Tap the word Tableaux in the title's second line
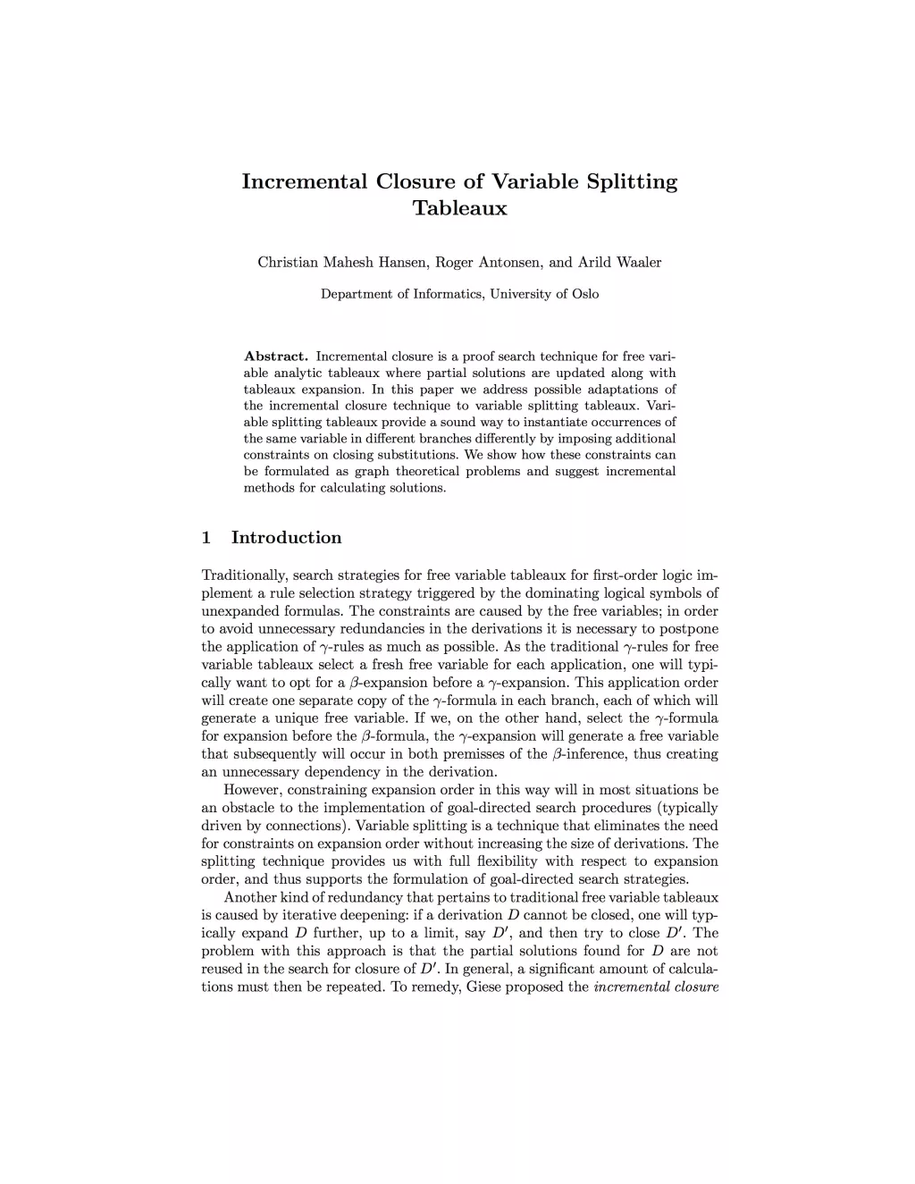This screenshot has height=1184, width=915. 459,209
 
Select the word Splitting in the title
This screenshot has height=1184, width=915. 631,181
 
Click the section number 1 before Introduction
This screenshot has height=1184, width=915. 206,538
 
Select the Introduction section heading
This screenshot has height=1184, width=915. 286,538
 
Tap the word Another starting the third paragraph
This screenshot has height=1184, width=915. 249,897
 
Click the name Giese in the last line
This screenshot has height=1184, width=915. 484,987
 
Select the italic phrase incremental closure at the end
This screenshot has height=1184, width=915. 656,987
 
